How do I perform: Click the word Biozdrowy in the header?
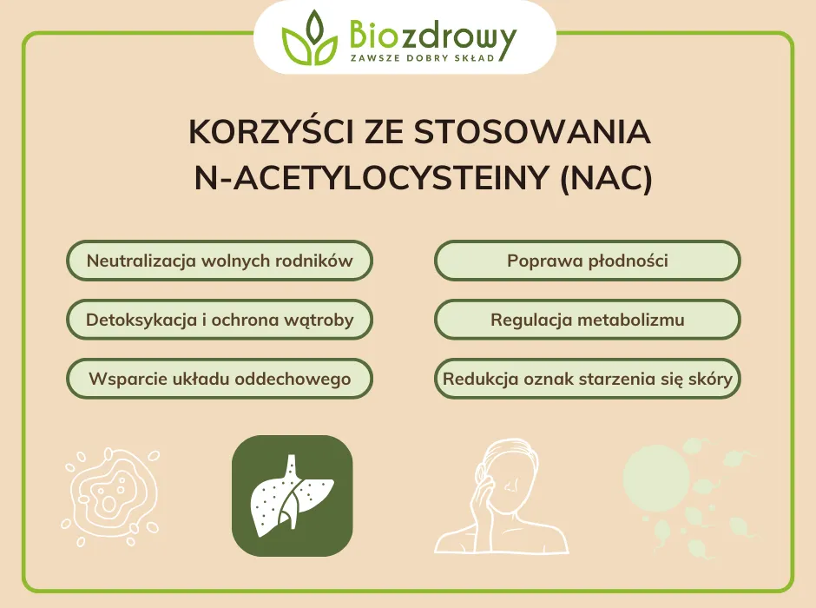[431, 34]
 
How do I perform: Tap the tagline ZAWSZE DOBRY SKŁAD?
[422, 57]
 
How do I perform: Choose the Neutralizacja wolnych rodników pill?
[220, 261]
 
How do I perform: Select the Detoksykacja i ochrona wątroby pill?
[220, 320]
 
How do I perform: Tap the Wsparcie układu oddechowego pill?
[220, 379]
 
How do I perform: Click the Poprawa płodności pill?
[588, 261]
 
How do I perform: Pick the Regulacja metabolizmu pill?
[588, 320]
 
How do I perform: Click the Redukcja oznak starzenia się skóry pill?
[588, 379]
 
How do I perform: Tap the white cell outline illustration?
[111, 493]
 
